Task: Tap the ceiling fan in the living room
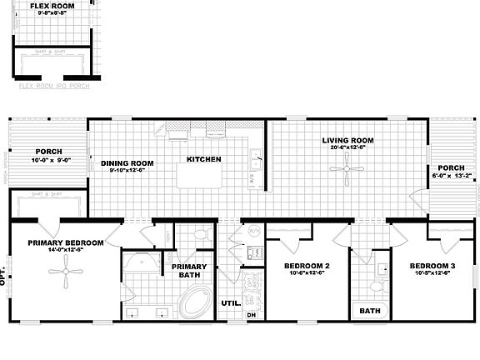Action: [344, 170]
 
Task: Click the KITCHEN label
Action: [203, 158]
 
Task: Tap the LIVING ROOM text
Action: [349, 140]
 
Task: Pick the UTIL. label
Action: [231, 302]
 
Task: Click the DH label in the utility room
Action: [252, 315]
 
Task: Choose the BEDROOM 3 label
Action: [432, 266]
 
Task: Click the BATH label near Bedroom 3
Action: [369, 311]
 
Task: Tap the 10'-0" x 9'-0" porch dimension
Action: [47, 160]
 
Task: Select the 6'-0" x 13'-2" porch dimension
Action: [452, 176]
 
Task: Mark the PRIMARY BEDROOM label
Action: [65, 242]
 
